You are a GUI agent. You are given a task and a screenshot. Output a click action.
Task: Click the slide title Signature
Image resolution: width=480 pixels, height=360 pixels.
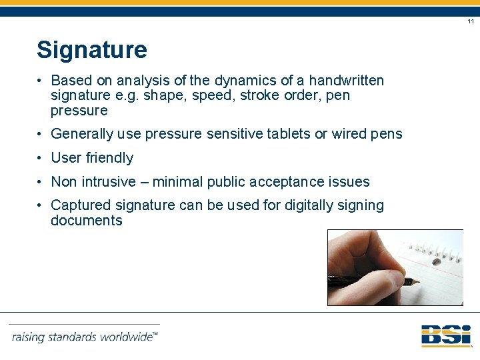(92, 50)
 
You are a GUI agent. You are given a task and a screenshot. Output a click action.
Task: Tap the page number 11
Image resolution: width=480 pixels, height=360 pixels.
(471, 22)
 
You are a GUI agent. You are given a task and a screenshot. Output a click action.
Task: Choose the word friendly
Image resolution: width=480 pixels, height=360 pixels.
(110, 158)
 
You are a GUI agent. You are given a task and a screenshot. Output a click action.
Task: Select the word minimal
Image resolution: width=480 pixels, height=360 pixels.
(185, 181)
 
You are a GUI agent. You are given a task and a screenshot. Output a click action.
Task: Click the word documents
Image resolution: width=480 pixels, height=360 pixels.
(87, 221)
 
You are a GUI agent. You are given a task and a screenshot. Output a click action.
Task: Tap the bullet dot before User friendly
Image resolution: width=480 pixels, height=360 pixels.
(41, 158)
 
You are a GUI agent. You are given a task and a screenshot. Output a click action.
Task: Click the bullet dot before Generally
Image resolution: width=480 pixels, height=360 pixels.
(41, 134)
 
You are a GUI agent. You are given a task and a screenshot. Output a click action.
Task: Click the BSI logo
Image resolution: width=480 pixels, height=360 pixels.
(446, 335)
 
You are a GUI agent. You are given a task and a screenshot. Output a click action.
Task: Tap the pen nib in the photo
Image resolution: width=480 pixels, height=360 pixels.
(415, 283)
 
